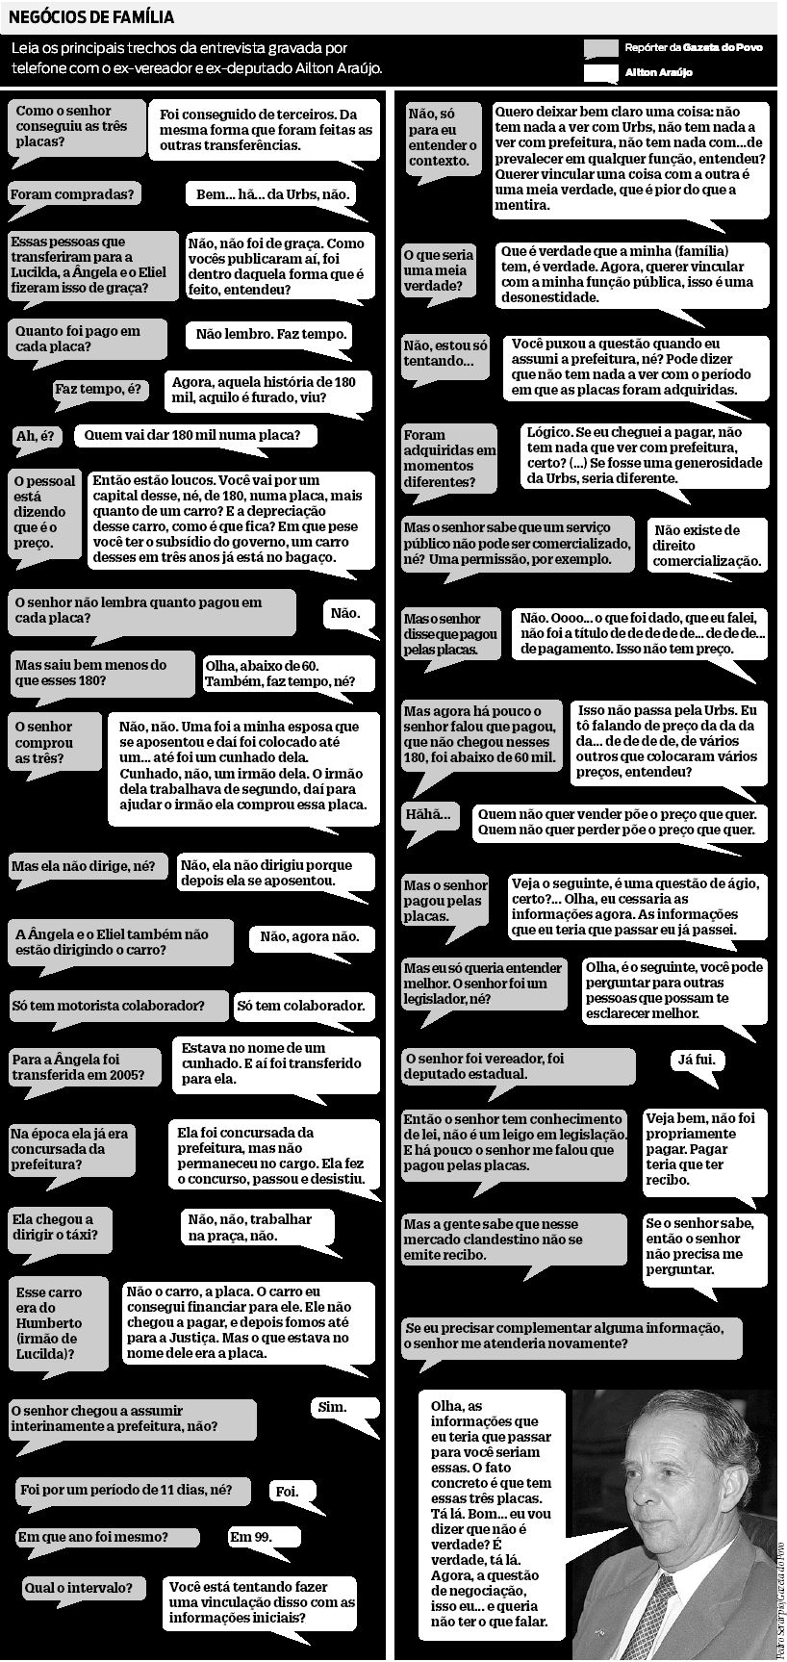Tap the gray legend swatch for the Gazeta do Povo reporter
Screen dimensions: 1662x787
tap(601, 48)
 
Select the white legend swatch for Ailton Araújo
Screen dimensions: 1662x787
tap(601, 72)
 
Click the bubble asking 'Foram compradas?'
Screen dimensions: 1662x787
tap(72, 194)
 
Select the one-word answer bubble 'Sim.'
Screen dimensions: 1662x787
tap(332, 1407)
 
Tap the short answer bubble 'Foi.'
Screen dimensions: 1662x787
tap(287, 1492)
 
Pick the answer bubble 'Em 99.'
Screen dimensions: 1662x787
tap(250, 1537)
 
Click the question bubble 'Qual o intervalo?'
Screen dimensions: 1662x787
tap(80, 1588)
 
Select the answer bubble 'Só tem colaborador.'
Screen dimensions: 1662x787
tap(301, 1006)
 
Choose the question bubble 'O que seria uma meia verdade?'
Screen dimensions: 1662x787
tap(439, 270)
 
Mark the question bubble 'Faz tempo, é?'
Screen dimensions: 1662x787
tap(98, 390)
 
